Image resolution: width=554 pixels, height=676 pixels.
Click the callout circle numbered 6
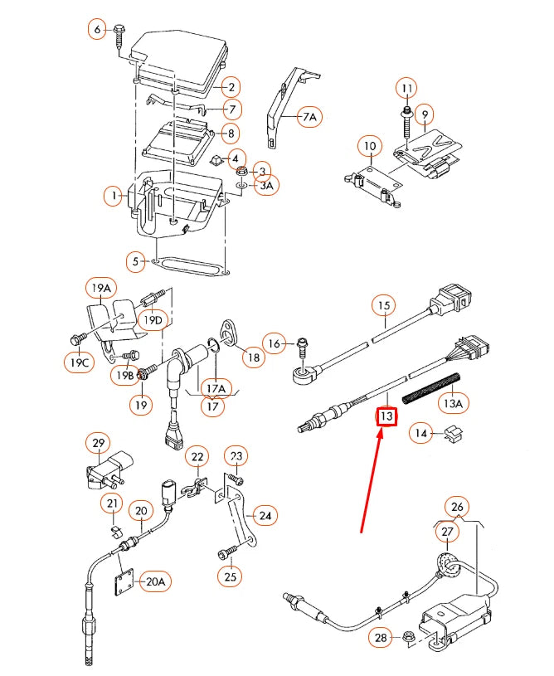click(x=97, y=30)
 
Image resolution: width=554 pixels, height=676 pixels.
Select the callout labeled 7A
click(x=309, y=118)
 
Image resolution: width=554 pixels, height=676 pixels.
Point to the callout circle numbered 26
click(x=456, y=506)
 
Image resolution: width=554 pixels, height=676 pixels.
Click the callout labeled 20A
click(x=154, y=581)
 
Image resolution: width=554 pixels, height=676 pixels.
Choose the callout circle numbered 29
click(x=98, y=443)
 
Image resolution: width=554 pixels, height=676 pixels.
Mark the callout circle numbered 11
click(x=406, y=88)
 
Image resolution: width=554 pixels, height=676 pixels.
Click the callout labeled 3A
click(x=265, y=186)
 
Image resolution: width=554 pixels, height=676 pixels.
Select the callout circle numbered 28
click(x=380, y=636)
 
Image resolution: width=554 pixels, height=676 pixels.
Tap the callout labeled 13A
click(x=452, y=403)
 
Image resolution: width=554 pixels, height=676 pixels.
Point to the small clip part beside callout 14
click(x=453, y=431)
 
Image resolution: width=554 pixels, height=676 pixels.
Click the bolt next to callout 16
click(x=302, y=343)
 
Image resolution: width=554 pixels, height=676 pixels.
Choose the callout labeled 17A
click(x=216, y=387)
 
